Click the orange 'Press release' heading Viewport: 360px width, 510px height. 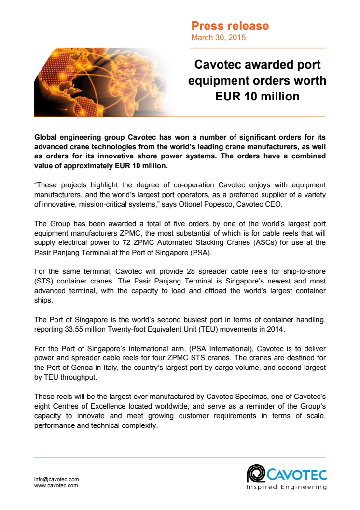click(x=230, y=26)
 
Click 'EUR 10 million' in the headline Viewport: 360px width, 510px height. click(x=257, y=97)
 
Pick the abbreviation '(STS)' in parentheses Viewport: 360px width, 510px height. click(x=43, y=281)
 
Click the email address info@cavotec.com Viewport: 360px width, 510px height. click(x=56, y=479)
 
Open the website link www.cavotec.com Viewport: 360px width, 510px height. click(x=56, y=485)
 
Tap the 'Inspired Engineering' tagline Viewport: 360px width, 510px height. click(x=287, y=487)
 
